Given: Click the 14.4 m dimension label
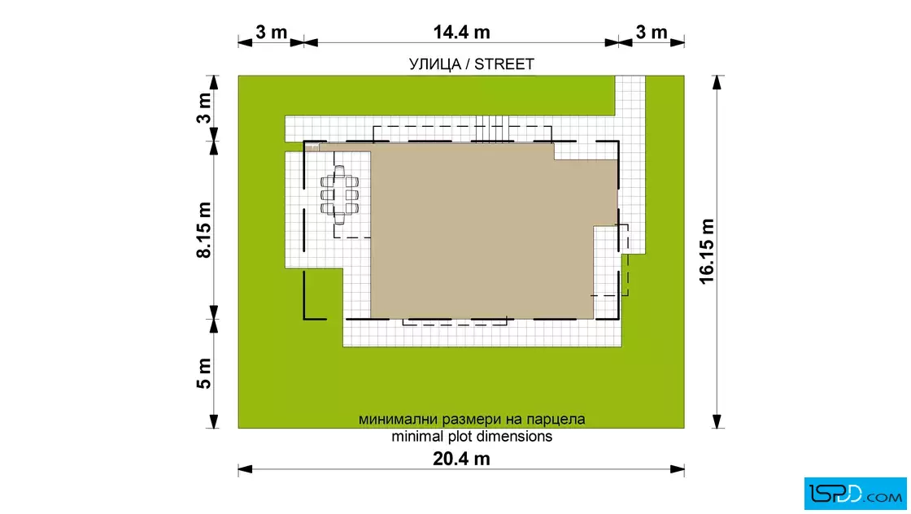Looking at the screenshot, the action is (461, 32).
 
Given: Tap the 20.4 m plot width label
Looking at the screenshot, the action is (461, 459).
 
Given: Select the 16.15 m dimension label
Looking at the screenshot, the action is (706, 251).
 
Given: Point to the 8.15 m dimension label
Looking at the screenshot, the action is (204, 230).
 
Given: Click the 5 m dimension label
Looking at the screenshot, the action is (204, 373).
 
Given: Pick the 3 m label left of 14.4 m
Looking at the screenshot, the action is (272, 32).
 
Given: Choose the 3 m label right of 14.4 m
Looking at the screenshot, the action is (652, 32).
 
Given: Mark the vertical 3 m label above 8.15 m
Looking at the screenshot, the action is (204, 109).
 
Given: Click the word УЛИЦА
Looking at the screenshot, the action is (434, 64).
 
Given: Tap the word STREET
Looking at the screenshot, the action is (503, 64).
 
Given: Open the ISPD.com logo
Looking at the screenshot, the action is (855, 494).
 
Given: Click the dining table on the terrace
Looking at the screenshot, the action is (339, 195).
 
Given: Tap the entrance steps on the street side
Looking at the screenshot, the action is (492, 128).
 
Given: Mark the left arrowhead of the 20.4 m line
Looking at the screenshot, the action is (245, 469).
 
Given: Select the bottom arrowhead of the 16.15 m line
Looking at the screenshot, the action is (717, 421).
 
